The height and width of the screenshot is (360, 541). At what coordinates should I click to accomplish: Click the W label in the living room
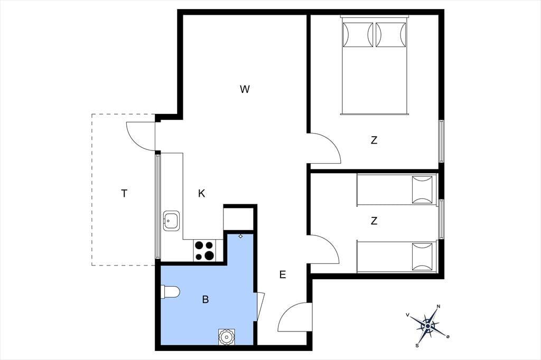[x=245, y=89]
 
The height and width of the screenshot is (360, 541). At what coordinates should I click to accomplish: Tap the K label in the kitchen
[x=201, y=193]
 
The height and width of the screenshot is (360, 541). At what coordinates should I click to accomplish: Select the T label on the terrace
[x=124, y=193]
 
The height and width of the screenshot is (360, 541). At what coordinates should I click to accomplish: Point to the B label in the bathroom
[x=206, y=300]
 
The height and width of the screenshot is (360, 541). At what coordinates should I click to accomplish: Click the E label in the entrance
[x=283, y=275]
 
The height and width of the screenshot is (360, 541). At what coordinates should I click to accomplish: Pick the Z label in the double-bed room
[x=374, y=140]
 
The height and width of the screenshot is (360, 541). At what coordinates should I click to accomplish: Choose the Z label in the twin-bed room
[x=374, y=221]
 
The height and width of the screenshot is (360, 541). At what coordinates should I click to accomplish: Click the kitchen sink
[x=171, y=221]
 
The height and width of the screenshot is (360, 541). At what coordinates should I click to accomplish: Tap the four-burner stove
[x=204, y=250]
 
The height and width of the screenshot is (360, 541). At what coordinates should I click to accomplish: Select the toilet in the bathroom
[x=171, y=292]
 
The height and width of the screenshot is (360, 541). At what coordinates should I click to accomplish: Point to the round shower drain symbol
[x=227, y=337]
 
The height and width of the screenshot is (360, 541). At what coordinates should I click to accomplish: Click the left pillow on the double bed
[x=358, y=34]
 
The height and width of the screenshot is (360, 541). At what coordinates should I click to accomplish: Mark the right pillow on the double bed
[x=391, y=34]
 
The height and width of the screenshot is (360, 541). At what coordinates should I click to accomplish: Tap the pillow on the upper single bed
[x=422, y=190]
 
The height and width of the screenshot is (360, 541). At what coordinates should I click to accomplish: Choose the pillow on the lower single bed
[x=422, y=257]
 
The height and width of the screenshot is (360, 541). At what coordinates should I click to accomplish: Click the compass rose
[x=428, y=326]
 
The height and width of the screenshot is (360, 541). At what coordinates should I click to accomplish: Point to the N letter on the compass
[x=439, y=306]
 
